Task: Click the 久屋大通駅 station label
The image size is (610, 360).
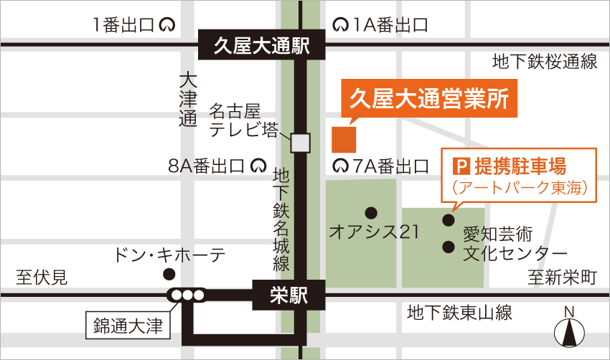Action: pos(262,48)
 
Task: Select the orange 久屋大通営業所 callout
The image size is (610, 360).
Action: pos(428,99)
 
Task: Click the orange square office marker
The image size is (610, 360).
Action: pos(344,138)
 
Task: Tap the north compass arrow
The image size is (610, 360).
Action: pos(570,333)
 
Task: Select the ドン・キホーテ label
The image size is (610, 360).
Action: pos(169,254)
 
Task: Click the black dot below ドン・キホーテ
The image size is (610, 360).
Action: pos(169,274)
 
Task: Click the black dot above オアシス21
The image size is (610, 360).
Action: pos(371,212)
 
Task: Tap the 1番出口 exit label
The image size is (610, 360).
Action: pos(124,25)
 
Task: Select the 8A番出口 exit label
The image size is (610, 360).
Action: pos(207,167)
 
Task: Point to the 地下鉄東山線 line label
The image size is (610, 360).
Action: pos(459,313)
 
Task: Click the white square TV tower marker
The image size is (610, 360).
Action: pos(300,143)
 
